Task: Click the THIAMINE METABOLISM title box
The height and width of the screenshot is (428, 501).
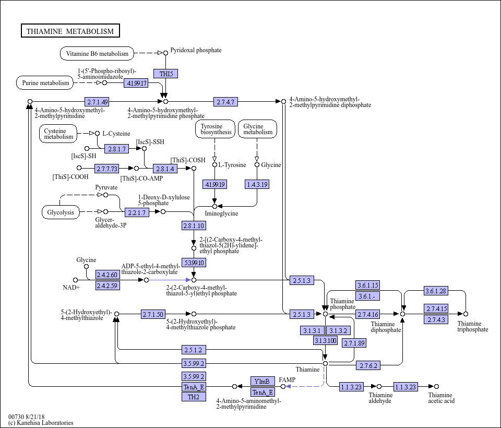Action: pos(70,31)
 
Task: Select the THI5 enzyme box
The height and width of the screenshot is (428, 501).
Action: pos(165,74)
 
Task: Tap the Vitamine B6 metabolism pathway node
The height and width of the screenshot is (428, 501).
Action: pos(97,53)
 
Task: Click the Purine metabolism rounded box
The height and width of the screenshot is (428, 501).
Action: pos(45,83)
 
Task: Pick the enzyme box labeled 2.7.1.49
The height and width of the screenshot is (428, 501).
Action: pos(97,102)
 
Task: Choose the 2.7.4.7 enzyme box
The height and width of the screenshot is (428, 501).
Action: pos(225,102)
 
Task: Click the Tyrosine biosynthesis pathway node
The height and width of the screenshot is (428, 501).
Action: pos(216,129)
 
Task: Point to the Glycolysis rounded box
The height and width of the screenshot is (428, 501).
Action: pos(61,212)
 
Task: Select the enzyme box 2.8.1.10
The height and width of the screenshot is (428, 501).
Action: pos(194,225)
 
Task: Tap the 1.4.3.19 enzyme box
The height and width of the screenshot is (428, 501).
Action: pos(257,184)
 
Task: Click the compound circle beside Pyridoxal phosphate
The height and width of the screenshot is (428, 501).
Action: pos(165,53)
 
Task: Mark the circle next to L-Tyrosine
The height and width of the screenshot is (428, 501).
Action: pos(214,164)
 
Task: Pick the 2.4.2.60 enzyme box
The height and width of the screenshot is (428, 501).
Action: pos(108,275)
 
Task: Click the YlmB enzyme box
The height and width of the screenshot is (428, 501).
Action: pos(263,381)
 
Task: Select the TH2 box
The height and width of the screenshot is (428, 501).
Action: pos(194,397)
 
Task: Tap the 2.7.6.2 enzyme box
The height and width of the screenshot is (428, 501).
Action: pos(368,365)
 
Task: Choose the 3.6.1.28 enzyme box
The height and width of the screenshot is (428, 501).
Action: pos(436,291)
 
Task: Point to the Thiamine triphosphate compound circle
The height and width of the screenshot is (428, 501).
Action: pos(466,314)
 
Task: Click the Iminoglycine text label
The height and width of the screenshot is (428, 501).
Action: pos(221,213)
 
